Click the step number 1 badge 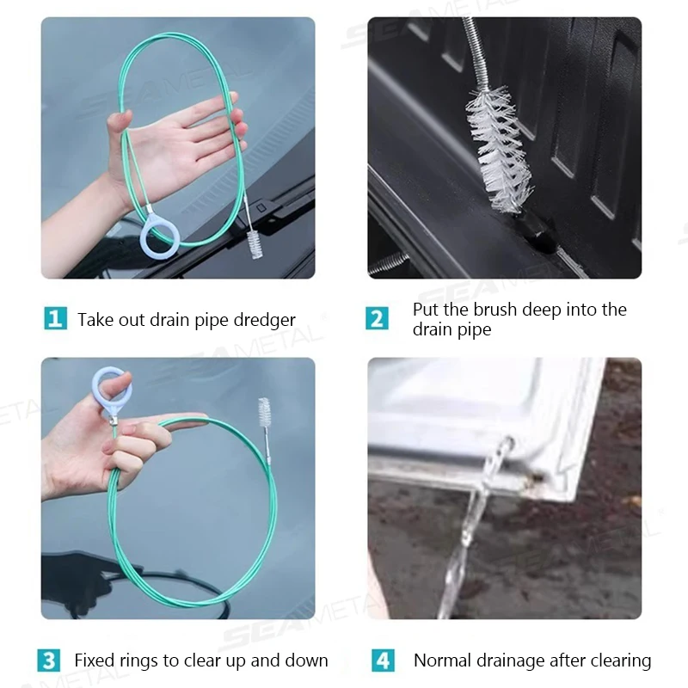coord(55,319)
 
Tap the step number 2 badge coord(377,318)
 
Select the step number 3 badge coord(49,660)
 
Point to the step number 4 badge coord(383,660)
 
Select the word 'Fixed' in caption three coord(95,660)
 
